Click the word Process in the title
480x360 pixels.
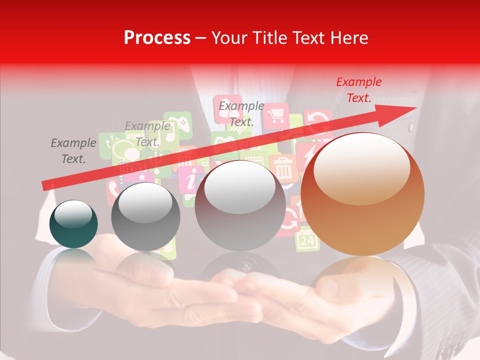pyautogui.click(x=157, y=38)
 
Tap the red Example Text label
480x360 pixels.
pyautogui.click(x=358, y=90)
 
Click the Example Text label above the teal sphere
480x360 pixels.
pyautogui.click(x=73, y=151)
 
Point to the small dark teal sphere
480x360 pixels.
pyautogui.click(x=73, y=224)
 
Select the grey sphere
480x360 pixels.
pyautogui.click(x=145, y=216)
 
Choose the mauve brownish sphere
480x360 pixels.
pyautogui.click(x=240, y=205)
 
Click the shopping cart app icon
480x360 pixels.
pyautogui.click(x=275, y=116)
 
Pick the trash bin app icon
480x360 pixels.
pyautogui.click(x=283, y=167)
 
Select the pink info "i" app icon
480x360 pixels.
pyautogui.click(x=190, y=180)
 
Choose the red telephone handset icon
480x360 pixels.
pyautogui.click(x=112, y=189)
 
